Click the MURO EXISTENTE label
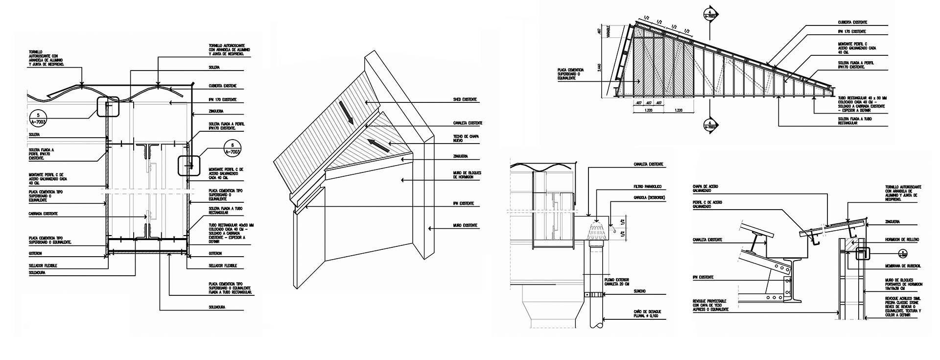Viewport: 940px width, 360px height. tap(465, 225)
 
